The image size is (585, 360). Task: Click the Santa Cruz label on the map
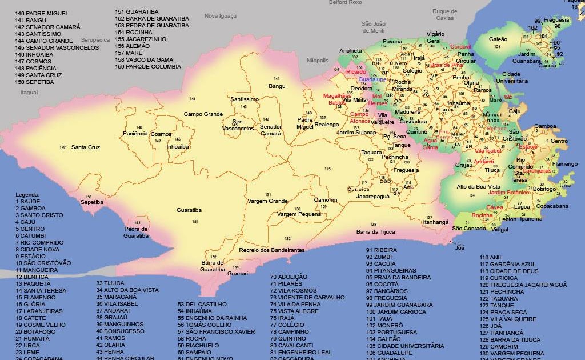click(86, 147)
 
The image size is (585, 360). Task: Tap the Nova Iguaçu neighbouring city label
click(220, 16)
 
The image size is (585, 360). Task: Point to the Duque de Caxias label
click(444, 14)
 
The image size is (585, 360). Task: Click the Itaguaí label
click(29, 92)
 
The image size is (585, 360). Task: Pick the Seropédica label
click(95, 40)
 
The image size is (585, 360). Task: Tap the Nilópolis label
click(318, 60)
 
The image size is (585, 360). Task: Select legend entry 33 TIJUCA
click(110, 283)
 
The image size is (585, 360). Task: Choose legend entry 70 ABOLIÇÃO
click(289, 277)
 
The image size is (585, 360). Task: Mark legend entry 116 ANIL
click(491, 258)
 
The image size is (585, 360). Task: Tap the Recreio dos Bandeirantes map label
click(271, 250)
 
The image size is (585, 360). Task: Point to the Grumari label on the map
click(238, 274)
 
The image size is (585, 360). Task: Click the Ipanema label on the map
click(531, 219)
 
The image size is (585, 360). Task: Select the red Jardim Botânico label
click(508, 193)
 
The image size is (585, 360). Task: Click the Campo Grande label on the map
click(203, 114)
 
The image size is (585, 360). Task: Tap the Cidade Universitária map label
click(511, 78)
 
